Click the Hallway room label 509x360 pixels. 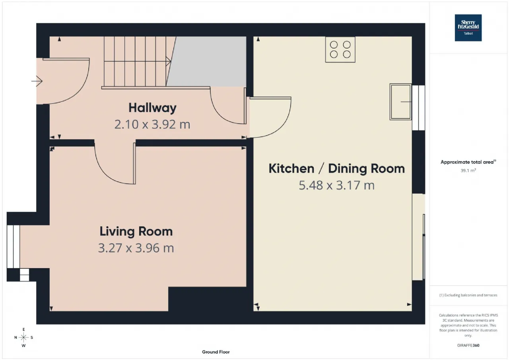point(152,108)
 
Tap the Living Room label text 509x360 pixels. point(136,232)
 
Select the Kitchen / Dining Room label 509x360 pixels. point(337,169)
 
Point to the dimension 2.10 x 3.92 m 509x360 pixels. point(152,125)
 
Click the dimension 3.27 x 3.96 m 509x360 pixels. point(136,248)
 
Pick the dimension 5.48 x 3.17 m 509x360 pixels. point(336,185)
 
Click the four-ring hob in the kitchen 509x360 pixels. point(340,50)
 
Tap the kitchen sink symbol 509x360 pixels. point(400,102)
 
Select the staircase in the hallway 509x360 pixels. point(137,62)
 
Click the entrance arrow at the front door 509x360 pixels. point(37,81)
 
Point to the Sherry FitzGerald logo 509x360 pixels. point(468,28)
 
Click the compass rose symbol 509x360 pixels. point(23,337)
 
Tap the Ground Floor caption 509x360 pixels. point(216,352)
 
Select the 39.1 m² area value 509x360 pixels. point(468,171)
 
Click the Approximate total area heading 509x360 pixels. point(468,162)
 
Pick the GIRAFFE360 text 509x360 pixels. point(468,345)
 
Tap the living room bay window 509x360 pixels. point(13,247)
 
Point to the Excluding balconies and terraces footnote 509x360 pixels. point(468,295)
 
